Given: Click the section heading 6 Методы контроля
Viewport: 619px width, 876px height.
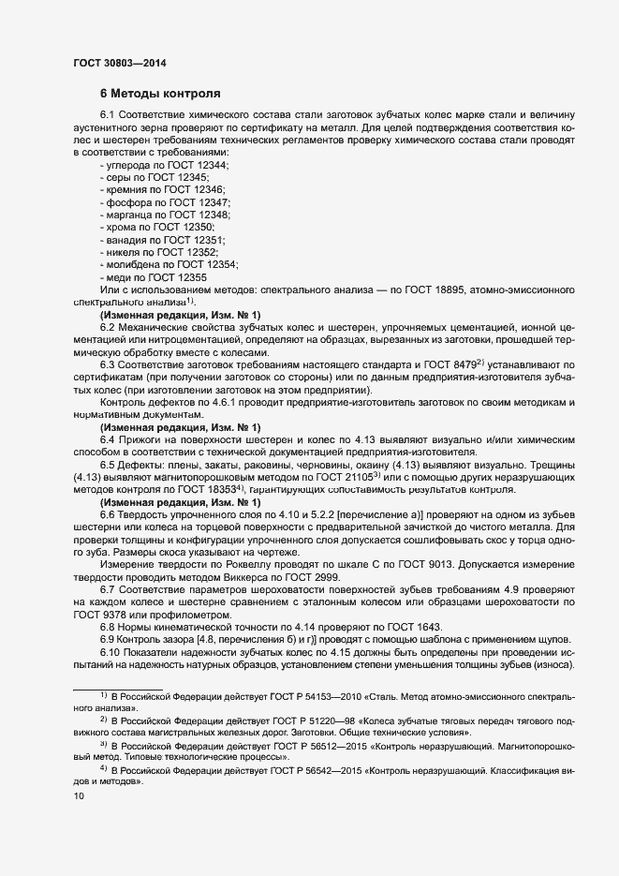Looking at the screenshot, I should (x=160, y=95).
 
